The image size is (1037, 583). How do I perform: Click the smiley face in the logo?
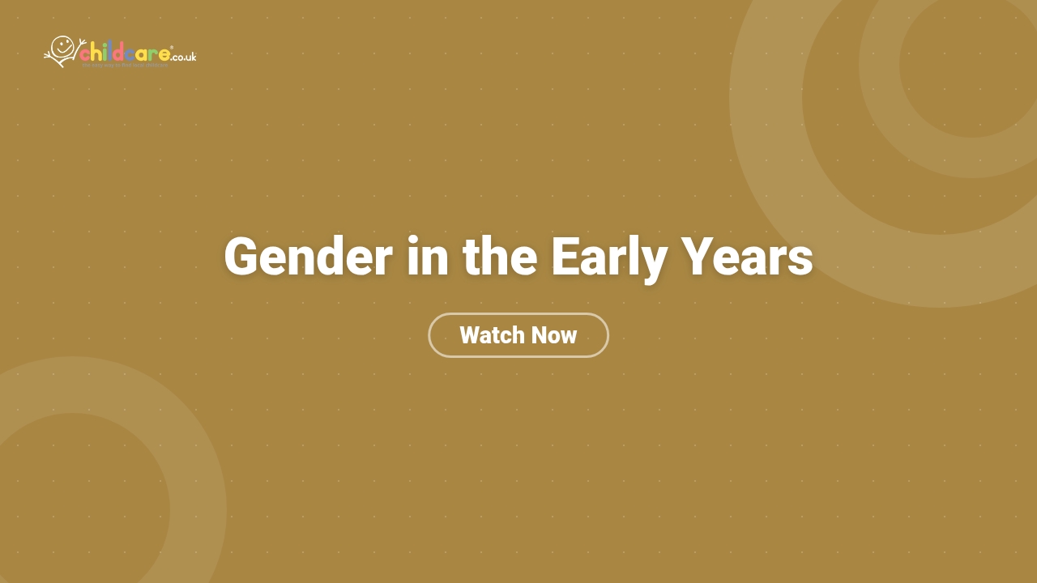click(63, 45)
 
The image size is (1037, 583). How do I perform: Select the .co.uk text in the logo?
click(184, 57)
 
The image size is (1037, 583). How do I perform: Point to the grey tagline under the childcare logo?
click(125, 65)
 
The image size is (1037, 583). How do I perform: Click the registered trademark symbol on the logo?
click(172, 48)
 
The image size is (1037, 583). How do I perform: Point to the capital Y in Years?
click(696, 257)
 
